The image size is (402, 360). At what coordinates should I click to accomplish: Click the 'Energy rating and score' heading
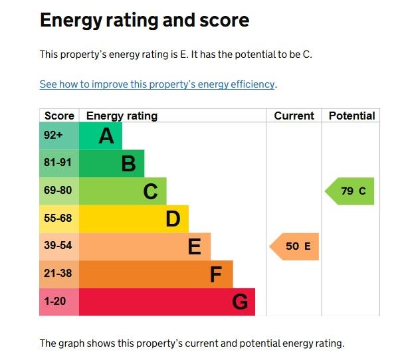144,21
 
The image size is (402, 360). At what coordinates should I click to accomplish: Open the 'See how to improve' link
157,84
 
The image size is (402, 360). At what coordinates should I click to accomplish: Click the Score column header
59,116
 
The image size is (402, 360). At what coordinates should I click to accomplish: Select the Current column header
294,116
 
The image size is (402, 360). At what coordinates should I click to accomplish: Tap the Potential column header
352,116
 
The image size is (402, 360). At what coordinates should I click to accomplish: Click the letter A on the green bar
106,136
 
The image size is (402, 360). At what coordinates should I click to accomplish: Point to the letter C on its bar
151,192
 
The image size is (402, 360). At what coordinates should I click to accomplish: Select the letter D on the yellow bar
173,219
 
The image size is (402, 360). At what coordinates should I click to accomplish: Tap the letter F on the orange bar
215,274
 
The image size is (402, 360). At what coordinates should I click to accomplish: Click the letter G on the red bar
240,302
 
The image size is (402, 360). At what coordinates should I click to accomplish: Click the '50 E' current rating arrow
296,246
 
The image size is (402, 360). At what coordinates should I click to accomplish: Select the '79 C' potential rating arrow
351,191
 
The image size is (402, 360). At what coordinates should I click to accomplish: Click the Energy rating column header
122,116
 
